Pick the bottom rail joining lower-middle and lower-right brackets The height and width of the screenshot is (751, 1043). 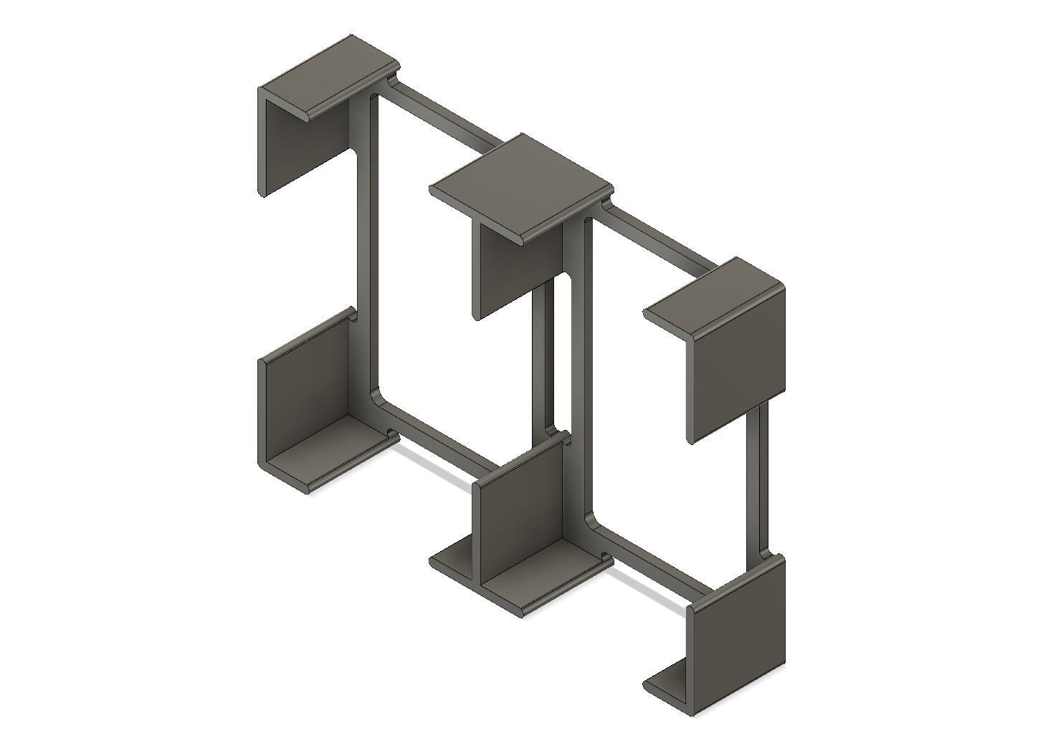point(652,566)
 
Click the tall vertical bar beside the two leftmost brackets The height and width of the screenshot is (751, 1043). point(364,244)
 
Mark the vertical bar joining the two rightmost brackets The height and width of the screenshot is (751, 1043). point(756,480)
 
